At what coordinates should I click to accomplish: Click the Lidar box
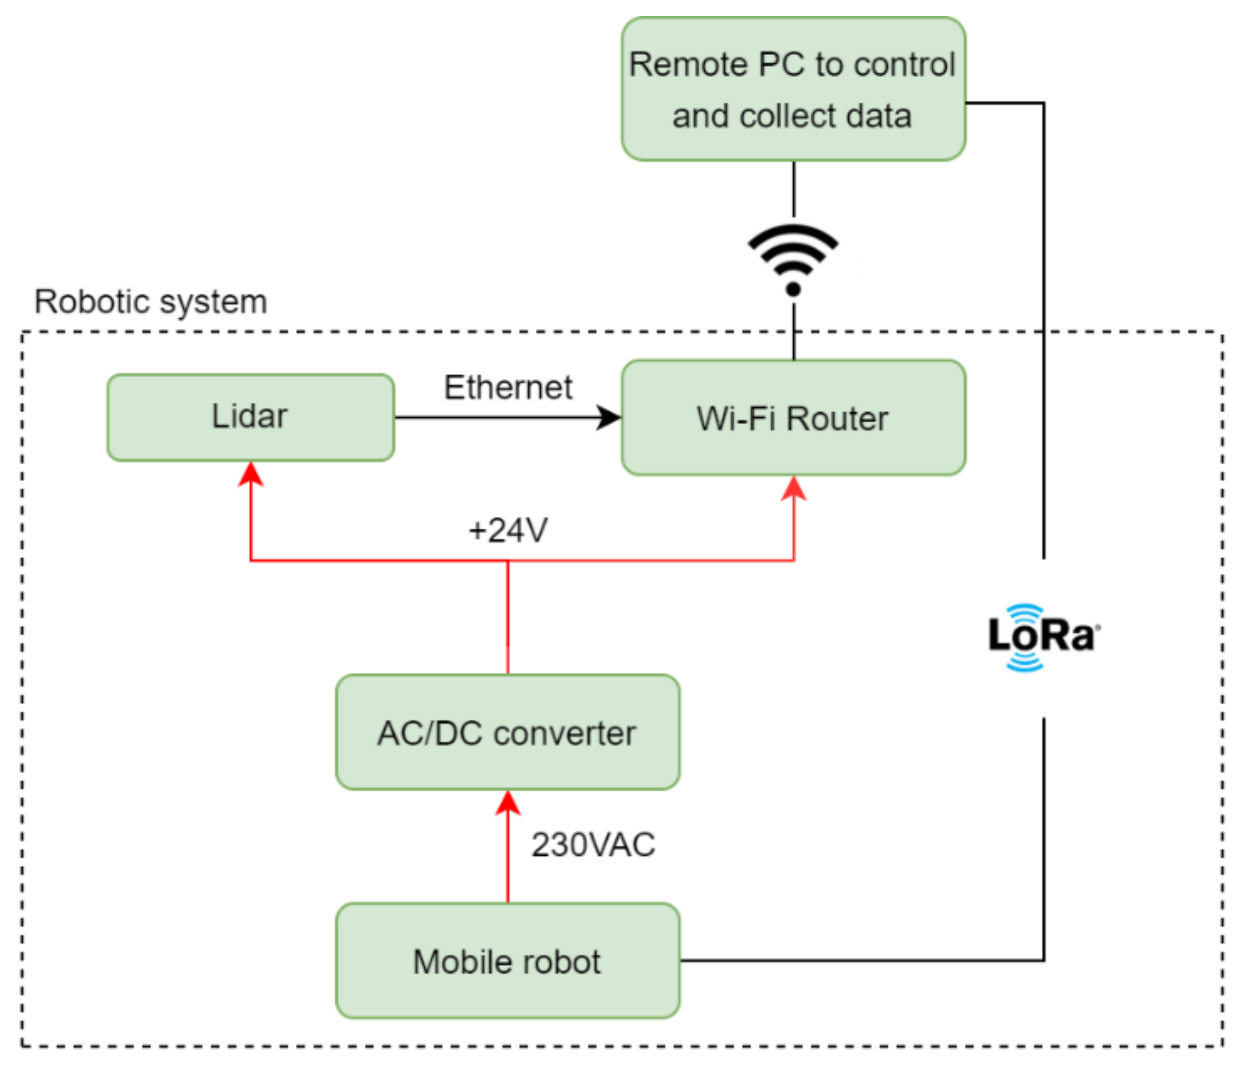click(x=250, y=417)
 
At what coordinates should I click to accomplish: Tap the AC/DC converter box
click(x=508, y=732)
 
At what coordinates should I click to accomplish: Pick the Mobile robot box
click(x=508, y=961)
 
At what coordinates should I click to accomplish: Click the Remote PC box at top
click(x=793, y=89)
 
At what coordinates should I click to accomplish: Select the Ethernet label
click(x=508, y=388)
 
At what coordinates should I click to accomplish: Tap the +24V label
click(x=508, y=530)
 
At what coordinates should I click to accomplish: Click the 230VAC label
click(x=593, y=845)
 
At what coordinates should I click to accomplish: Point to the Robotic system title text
click(x=151, y=302)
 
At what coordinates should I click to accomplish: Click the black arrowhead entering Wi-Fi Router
click(x=610, y=417)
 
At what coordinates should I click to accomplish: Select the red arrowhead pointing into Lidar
click(x=250, y=474)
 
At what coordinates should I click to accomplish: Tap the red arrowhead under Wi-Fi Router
click(x=794, y=489)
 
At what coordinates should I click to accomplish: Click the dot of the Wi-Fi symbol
click(x=793, y=289)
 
